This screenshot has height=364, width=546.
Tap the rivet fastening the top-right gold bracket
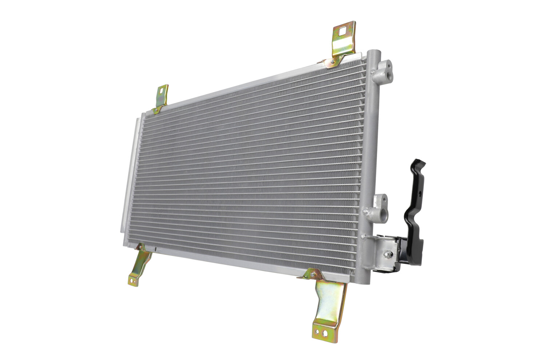(331, 63)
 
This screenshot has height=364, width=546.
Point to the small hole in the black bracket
(420, 192)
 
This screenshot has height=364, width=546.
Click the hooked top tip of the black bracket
(416, 162)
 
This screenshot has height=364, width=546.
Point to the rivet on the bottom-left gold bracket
(139, 248)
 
